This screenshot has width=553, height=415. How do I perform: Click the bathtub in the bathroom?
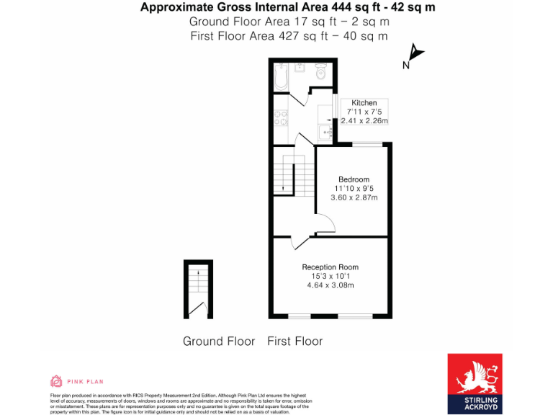click(281, 76)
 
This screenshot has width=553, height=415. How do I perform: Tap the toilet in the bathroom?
click(321, 73)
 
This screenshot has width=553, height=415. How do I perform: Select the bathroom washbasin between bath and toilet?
click(300, 68)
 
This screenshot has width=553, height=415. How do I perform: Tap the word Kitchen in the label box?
click(364, 103)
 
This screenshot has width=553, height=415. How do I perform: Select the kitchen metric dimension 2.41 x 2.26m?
click(364, 121)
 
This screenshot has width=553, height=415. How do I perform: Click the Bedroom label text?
click(354, 179)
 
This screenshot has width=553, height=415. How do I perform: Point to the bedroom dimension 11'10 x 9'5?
click(354, 188)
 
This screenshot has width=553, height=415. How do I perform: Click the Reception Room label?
click(330, 267)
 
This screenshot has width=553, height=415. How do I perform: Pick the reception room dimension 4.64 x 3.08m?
click(330, 285)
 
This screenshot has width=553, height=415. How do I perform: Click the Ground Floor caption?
click(219, 341)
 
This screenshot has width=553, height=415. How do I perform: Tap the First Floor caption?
click(295, 341)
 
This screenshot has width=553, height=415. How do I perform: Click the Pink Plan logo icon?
click(56, 381)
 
